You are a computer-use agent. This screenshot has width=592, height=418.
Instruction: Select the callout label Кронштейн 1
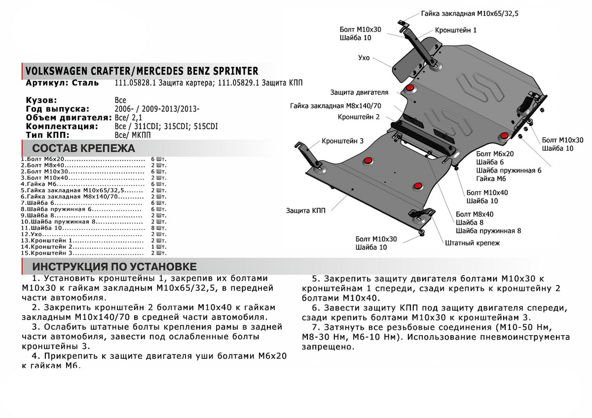(x=456, y=30)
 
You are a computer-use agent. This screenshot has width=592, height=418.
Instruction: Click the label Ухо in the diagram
(x=364, y=58)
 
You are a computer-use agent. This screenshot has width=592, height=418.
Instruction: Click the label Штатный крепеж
(x=472, y=243)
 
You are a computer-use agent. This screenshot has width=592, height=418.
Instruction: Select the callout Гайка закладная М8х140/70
(x=336, y=105)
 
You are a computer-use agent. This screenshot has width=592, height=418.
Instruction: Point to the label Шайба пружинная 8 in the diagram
(x=488, y=231)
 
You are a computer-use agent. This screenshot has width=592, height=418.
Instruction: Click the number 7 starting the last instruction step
(x=315, y=327)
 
